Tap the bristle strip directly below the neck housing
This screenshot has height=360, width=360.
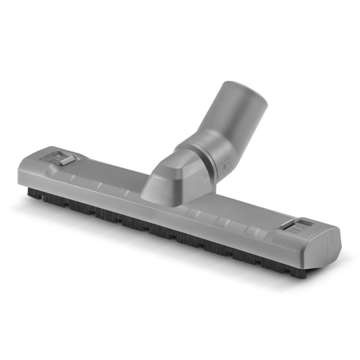pos(165,222)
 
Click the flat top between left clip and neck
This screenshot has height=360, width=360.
pos(108,171)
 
